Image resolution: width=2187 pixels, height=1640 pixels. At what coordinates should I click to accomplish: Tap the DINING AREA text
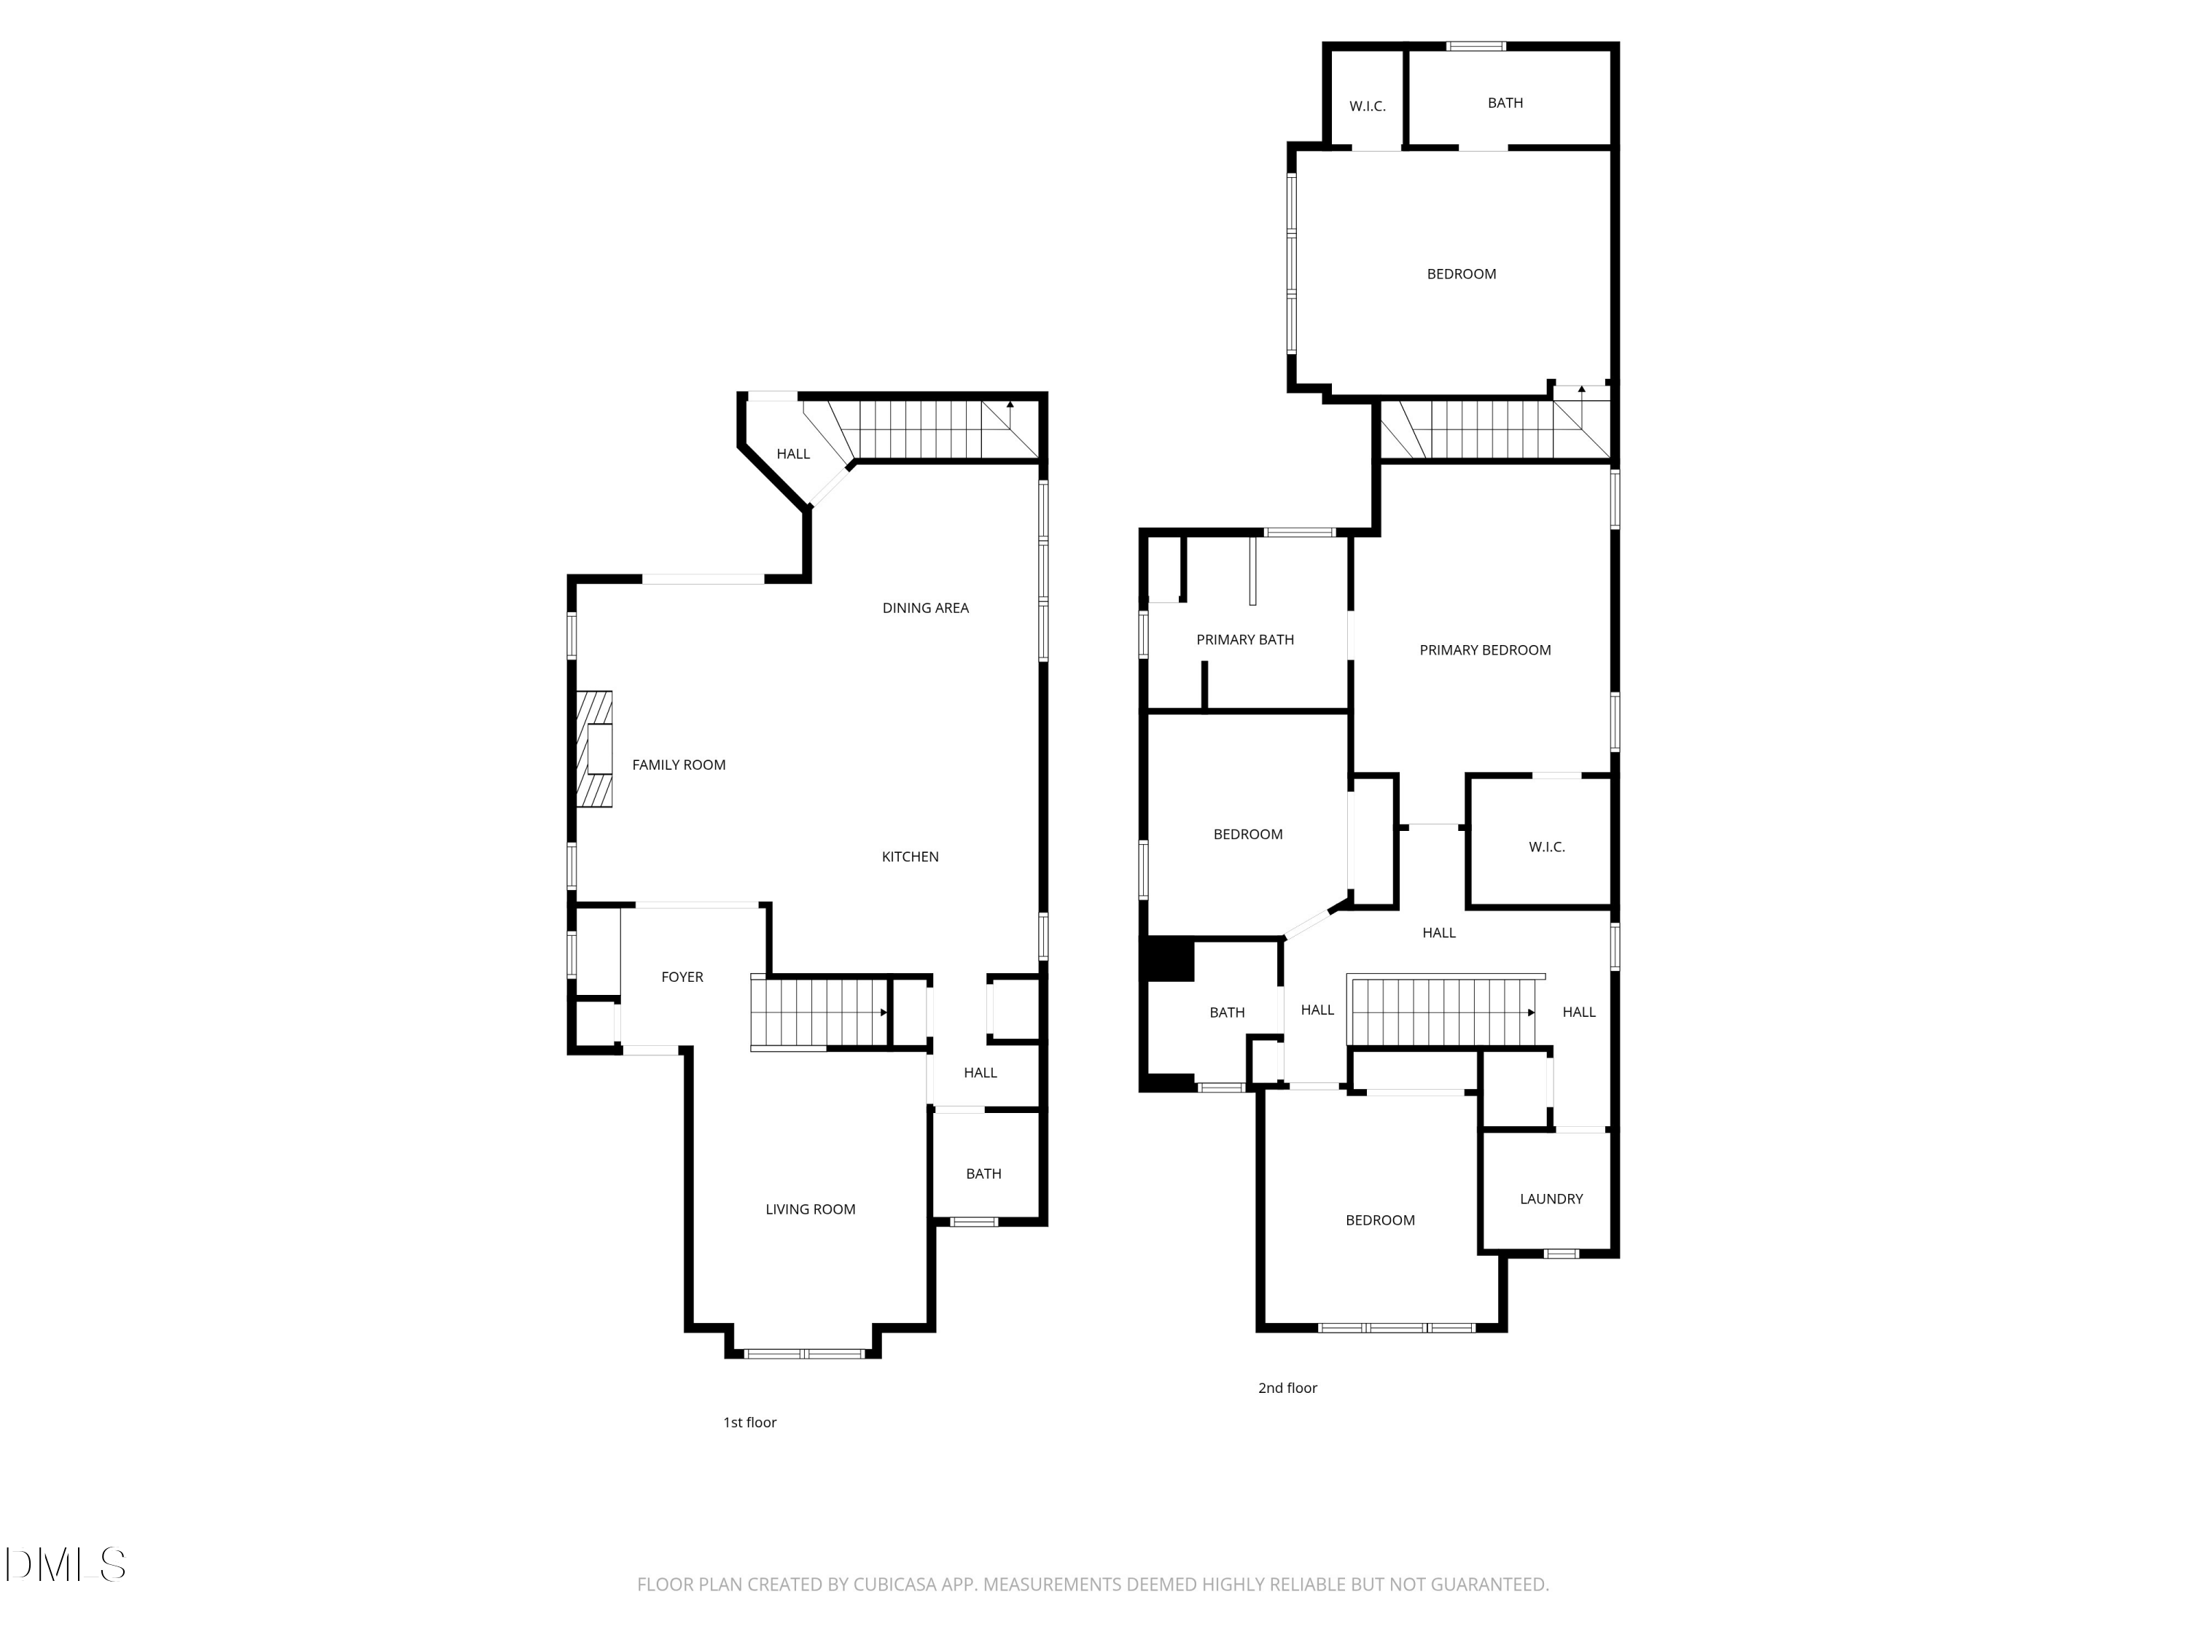(925, 608)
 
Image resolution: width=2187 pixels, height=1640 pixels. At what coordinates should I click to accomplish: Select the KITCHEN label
(910, 857)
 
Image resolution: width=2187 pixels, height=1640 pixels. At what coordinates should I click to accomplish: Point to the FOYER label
(682, 977)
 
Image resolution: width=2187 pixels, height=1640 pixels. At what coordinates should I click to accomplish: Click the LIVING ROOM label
(810, 1209)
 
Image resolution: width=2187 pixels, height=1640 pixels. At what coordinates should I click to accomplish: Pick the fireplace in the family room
(594, 749)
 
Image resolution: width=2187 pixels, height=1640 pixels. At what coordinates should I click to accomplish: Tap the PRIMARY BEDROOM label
(1485, 649)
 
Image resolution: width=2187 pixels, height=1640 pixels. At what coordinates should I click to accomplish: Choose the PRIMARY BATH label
(1245, 639)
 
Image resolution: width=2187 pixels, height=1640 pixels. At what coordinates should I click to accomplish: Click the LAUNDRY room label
(1551, 1199)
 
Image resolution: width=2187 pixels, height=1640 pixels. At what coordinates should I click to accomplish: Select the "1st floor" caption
(749, 1423)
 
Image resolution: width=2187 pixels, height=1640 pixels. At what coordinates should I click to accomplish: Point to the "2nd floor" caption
(1287, 1388)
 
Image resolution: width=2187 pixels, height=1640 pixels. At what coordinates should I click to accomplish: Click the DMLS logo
(66, 1565)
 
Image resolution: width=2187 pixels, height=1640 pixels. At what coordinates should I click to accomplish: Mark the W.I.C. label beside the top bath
(1368, 106)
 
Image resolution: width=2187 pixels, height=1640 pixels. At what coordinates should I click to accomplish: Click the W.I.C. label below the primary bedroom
(1546, 847)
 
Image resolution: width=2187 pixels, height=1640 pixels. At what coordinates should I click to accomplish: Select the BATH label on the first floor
(983, 1174)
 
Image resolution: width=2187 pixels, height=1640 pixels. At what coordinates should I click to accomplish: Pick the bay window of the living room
(805, 1354)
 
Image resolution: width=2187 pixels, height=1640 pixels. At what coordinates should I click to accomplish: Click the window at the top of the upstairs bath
(1476, 45)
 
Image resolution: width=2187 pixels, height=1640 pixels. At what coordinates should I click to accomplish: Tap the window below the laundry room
(1562, 1254)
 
